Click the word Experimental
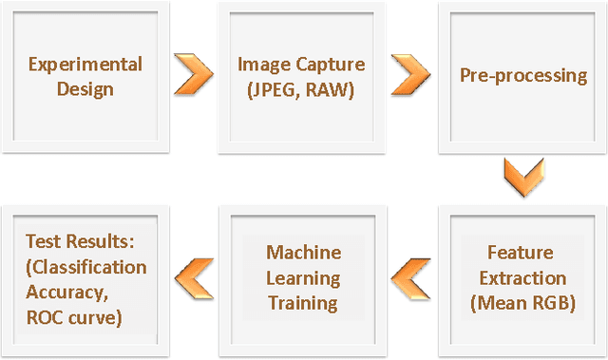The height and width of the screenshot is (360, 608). pyautogui.click(x=85, y=65)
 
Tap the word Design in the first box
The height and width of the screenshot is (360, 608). pyautogui.click(x=85, y=89)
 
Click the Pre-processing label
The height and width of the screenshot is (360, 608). pyautogui.click(x=522, y=76)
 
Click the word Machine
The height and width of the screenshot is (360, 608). pyautogui.click(x=303, y=253)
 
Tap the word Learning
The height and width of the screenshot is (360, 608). pyautogui.click(x=303, y=278)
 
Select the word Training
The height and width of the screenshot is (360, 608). pyautogui.click(x=303, y=304)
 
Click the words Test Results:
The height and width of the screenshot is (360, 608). pyautogui.click(x=71, y=241)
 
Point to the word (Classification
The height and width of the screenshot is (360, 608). pyautogui.click(x=86, y=267)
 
